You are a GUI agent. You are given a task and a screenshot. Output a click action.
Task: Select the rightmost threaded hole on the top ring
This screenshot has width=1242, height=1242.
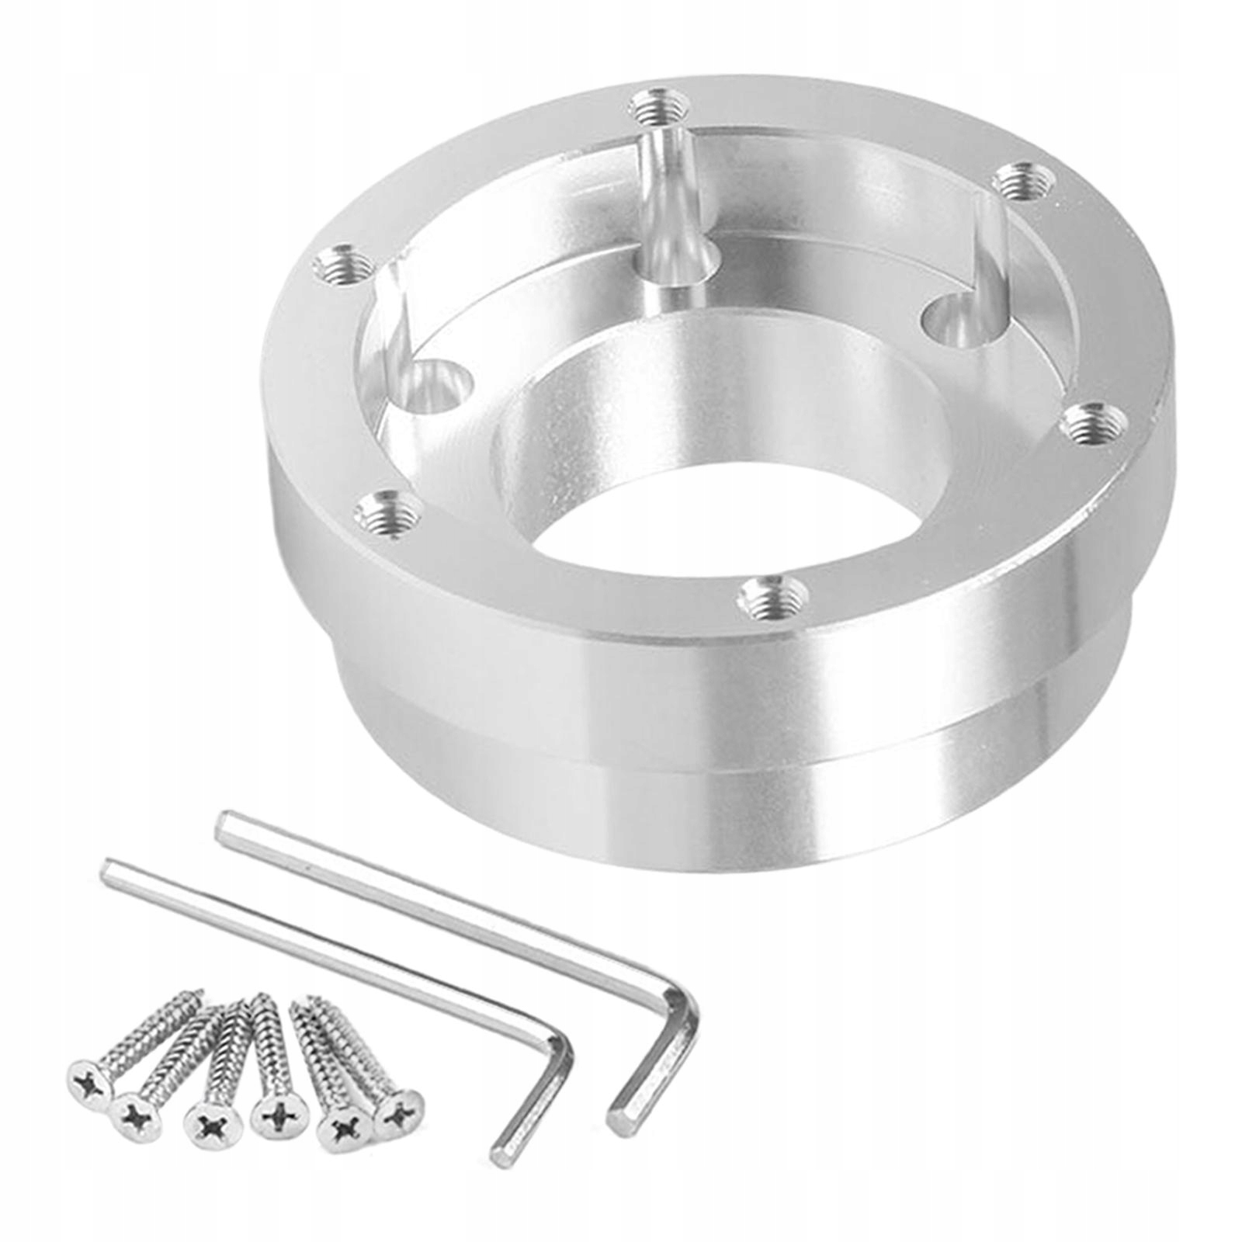[x=1095, y=424]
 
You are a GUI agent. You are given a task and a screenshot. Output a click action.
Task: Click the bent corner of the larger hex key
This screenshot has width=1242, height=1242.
[x=683, y=1009]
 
